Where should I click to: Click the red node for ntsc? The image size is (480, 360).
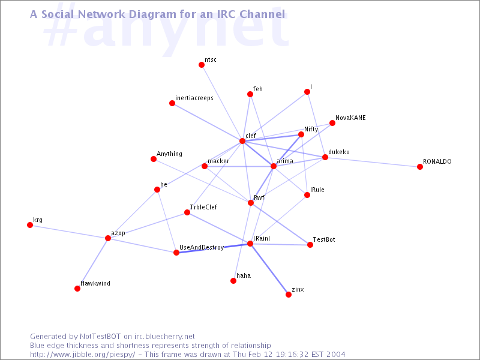tap(202, 65)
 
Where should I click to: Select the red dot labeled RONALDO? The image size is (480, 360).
tap(420, 167)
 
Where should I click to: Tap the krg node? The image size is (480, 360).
tap(30, 225)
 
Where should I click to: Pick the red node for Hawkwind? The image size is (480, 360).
tap(77, 289)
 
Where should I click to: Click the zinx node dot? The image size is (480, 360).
tap(289, 295)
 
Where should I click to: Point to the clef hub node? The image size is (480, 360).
tap(242, 141)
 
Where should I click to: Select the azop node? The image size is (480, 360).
tap(108, 238)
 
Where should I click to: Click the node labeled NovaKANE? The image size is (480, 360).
tap(332, 123)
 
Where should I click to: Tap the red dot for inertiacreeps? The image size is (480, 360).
tap(172, 103)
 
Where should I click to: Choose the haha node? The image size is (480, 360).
tap(233, 281)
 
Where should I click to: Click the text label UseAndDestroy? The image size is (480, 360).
tap(202, 247)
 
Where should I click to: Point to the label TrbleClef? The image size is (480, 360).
tap(203, 207)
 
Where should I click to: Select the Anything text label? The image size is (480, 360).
tap(169, 154)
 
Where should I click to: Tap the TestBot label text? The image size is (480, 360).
tap(324, 239)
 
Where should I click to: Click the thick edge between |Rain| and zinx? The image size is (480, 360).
tap(269, 269)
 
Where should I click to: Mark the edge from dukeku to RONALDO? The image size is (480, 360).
tap(373, 162)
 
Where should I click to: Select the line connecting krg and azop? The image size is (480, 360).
tap(69, 232)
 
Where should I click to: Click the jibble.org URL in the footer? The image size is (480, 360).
tap(82, 355)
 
